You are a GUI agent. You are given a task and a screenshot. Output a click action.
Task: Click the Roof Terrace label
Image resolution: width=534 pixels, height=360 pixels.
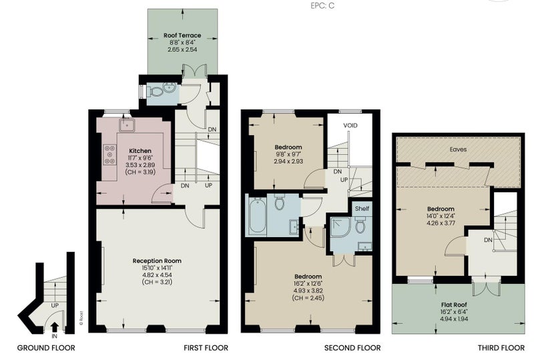point(182,35)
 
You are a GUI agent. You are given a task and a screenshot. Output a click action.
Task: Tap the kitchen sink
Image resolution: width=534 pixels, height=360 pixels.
point(127,125)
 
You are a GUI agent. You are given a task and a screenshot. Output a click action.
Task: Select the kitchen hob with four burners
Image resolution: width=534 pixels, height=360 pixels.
point(109,154)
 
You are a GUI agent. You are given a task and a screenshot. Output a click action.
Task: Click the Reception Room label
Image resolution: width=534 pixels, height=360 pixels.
point(157,260)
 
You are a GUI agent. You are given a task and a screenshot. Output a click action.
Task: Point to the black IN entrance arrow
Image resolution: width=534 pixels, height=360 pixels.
point(55,327)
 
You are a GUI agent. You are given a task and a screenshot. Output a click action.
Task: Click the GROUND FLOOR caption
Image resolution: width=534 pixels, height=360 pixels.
point(46,348)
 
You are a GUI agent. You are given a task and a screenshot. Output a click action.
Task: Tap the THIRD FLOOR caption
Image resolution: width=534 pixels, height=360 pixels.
point(501,348)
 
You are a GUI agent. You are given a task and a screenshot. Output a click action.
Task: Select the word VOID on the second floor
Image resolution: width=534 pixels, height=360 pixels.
point(350,126)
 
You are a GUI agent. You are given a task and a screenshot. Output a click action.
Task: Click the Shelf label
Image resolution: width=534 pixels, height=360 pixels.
point(362,208)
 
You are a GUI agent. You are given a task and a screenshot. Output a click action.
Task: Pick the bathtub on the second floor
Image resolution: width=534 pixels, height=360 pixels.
point(258,217)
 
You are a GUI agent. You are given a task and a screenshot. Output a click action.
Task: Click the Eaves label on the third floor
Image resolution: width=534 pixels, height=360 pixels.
point(458,150)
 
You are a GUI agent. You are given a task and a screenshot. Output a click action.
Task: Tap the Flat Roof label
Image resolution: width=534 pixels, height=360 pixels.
point(454,305)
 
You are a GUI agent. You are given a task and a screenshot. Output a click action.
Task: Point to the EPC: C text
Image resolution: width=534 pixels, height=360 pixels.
point(322,6)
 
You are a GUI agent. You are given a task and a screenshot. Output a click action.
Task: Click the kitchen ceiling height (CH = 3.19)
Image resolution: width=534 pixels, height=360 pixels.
point(140,172)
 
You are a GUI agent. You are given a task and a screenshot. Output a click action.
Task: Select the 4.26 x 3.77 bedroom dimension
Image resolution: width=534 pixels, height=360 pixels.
point(441,223)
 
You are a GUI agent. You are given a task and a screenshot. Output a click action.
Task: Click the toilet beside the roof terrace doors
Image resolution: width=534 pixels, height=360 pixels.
point(156,91)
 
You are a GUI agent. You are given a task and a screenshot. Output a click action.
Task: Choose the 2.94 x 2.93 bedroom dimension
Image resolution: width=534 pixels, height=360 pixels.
point(288,161)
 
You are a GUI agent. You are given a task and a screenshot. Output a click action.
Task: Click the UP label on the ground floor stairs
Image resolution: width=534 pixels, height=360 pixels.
point(55,305)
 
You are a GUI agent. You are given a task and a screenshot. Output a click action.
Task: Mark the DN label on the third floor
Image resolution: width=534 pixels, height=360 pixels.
point(488,240)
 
